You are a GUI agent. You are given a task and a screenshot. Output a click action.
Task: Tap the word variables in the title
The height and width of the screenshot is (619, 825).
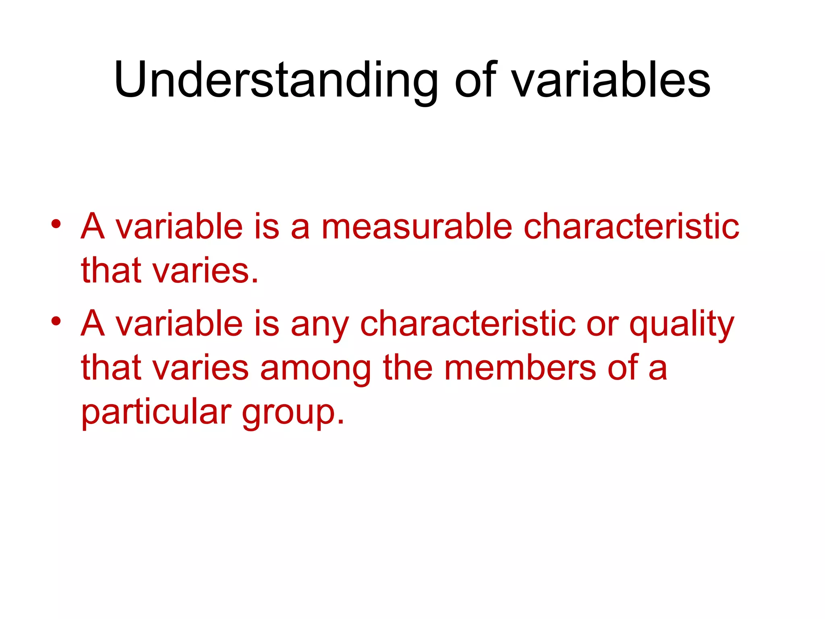coord(611,81)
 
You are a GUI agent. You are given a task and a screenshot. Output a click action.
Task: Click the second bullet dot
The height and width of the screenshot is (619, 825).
coord(56,321)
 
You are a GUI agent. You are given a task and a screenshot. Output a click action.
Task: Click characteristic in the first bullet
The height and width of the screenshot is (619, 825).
coord(631,226)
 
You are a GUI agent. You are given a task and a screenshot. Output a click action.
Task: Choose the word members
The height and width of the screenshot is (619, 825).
coord(520,368)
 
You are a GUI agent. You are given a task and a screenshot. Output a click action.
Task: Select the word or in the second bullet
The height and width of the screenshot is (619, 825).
coord(602,325)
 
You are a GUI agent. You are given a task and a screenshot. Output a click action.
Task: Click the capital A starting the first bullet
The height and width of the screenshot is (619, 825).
coord(93,226)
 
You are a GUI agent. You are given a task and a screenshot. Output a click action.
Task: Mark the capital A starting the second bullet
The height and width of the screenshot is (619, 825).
coord(93,324)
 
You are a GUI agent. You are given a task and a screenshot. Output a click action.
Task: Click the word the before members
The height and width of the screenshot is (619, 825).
coord(407,368)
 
